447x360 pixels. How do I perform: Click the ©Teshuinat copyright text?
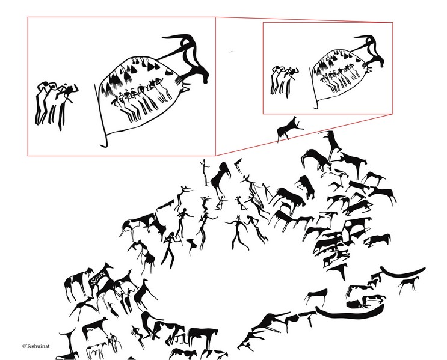(x=35, y=346)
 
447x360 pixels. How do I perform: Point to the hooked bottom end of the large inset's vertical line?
(x=103, y=145)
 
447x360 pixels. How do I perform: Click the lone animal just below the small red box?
(x=289, y=129)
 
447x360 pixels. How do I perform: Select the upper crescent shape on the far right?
(x=402, y=273)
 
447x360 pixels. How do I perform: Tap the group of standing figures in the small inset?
(x=283, y=81)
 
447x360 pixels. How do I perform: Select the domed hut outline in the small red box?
(x=338, y=75)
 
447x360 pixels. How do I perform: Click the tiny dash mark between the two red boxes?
(x=231, y=52)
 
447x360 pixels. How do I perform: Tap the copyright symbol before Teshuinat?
(x=24, y=346)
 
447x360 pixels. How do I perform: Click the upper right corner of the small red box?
(x=392, y=22)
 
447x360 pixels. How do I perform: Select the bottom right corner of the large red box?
(x=215, y=156)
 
